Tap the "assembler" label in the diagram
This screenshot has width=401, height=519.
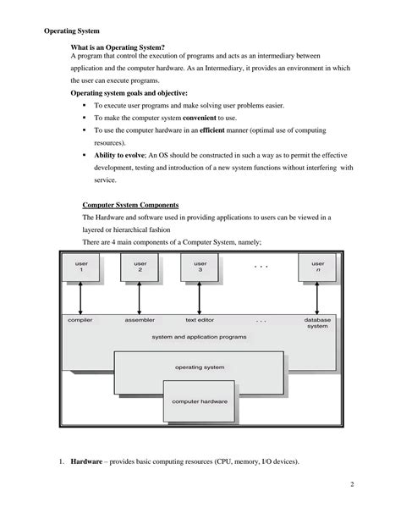pos(140,321)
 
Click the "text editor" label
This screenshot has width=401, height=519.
pos(200,321)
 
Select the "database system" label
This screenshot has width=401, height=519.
pos(317,324)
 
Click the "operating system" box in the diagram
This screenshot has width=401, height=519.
pos(200,367)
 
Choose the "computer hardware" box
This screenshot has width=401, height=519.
pos(200,400)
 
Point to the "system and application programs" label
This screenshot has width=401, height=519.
pos(200,337)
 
